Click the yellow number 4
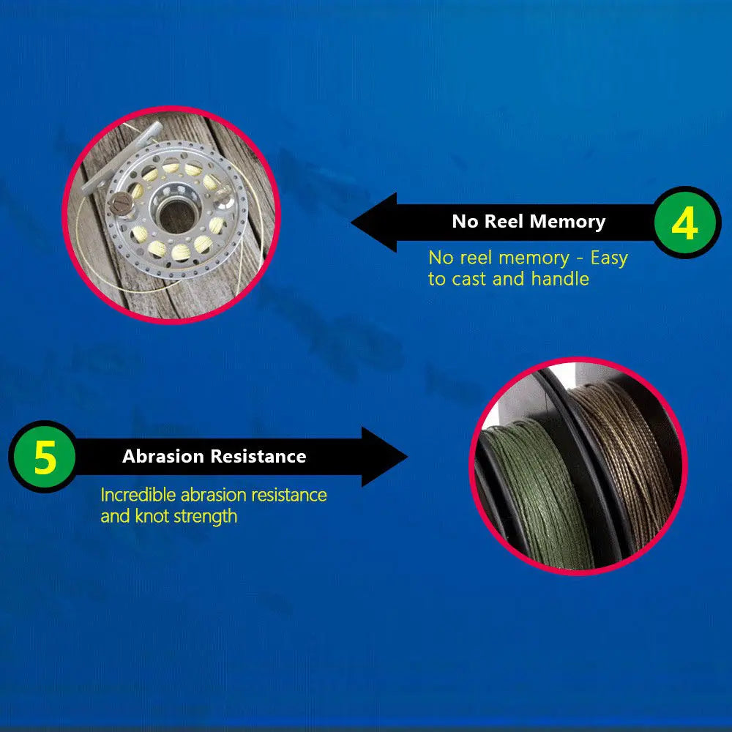tap(684, 223)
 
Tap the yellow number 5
tap(45, 457)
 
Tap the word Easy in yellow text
tap(609, 258)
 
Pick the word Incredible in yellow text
tap(138, 495)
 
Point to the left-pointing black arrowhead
tap(374, 223)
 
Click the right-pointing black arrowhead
tap(384, 457)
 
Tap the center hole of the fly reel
tap(176, 216)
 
